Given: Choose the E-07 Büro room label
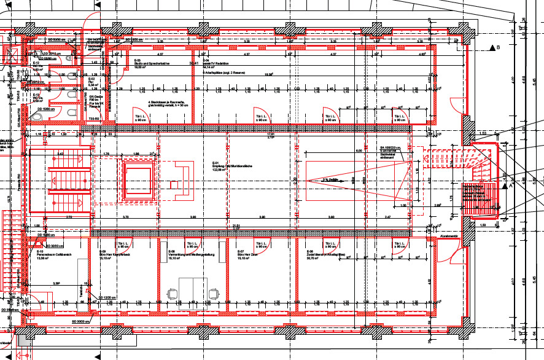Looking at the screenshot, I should [x=249, y=254].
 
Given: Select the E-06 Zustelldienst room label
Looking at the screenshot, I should [x=325, y=254].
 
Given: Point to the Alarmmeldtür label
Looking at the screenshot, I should [x=450, y=236].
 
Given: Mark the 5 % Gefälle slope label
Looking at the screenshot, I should [x=332, y=179].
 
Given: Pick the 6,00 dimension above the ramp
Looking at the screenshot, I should [x=359, y=151].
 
